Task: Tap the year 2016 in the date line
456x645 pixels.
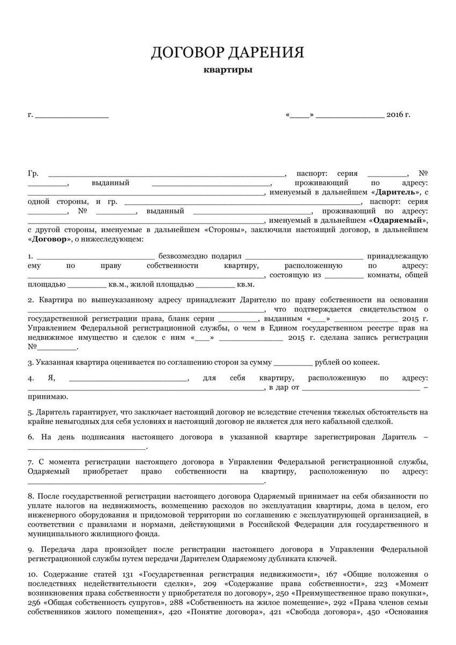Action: click(x=395, y=114)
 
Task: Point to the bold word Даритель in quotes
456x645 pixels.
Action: click(x=396, y=192)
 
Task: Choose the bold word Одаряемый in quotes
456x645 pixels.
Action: click(x=397, y=220)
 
